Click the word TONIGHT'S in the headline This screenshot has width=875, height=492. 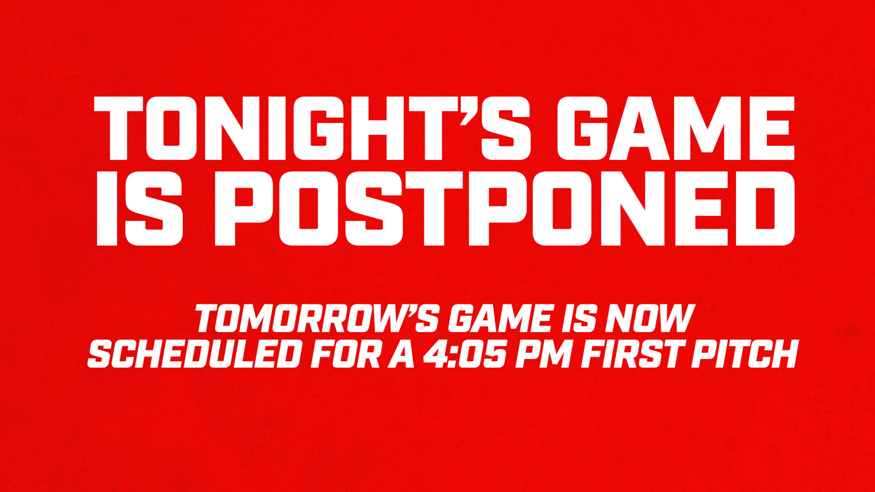312,128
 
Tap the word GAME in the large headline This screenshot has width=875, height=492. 676,128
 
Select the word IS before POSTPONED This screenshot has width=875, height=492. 140,208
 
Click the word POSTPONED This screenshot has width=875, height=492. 504,208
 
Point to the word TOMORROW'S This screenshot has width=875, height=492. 317,318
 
